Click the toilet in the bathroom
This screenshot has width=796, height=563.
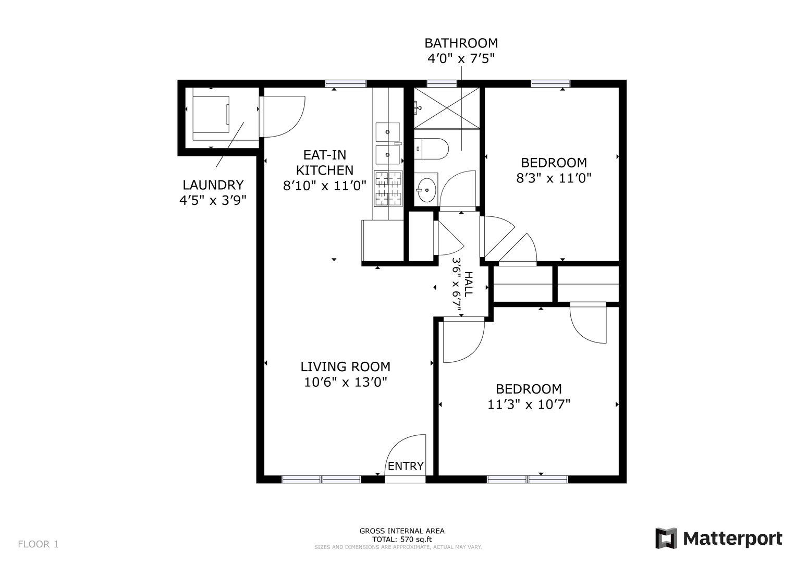(x=432, y=149)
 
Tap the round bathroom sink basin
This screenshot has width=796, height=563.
(x=426, y=190)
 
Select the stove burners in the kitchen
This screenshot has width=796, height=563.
(x=388, y=189)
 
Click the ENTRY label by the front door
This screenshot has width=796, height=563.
(x=406, y=466)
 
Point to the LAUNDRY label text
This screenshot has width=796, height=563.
(x=213, y=185)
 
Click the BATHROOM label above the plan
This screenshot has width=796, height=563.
(x=461, y=43)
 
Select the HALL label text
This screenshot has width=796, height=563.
(x=469, y=284)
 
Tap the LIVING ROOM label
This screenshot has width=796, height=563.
(x=346, y=366)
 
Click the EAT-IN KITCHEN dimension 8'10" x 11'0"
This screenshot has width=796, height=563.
(x=324, y=186)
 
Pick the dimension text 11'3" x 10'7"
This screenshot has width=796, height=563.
(x=529, y=405)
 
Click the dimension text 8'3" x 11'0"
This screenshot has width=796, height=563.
(x=554, y=178)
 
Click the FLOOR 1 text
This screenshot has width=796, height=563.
(x=38, y=544)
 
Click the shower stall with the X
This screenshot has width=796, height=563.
(x=447, y=108)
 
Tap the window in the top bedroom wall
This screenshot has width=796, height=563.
(x=551, y=84)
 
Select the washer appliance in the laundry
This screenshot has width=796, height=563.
(x=211, y=115)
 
